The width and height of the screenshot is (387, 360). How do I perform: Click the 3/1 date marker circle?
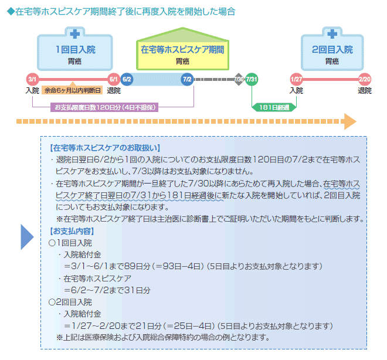coord(32,79)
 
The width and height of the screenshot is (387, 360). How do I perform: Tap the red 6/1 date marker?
coord(114,79)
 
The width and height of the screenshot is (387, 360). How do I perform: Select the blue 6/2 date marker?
coord(127,79)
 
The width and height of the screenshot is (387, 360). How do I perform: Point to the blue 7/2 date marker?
coord(187,79)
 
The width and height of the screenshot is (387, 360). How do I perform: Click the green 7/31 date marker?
coord(252,79)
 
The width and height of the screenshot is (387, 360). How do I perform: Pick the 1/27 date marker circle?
coord(296,79)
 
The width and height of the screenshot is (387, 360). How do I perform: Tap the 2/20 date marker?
coord(365,79)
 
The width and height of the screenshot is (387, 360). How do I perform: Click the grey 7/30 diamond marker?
coord(239,79)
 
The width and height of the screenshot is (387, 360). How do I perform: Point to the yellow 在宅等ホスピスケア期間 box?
coord(182,55)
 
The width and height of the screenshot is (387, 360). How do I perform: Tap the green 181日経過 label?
coord(274,107)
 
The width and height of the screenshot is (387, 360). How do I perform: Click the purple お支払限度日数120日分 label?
coord(105,107)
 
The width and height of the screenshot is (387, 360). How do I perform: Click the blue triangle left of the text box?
coord(27,236)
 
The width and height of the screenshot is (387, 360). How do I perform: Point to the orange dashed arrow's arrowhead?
coord(350,121)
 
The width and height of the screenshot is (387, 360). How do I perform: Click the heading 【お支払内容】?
coord(73,230)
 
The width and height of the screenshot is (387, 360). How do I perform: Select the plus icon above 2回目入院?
coord(332,33)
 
